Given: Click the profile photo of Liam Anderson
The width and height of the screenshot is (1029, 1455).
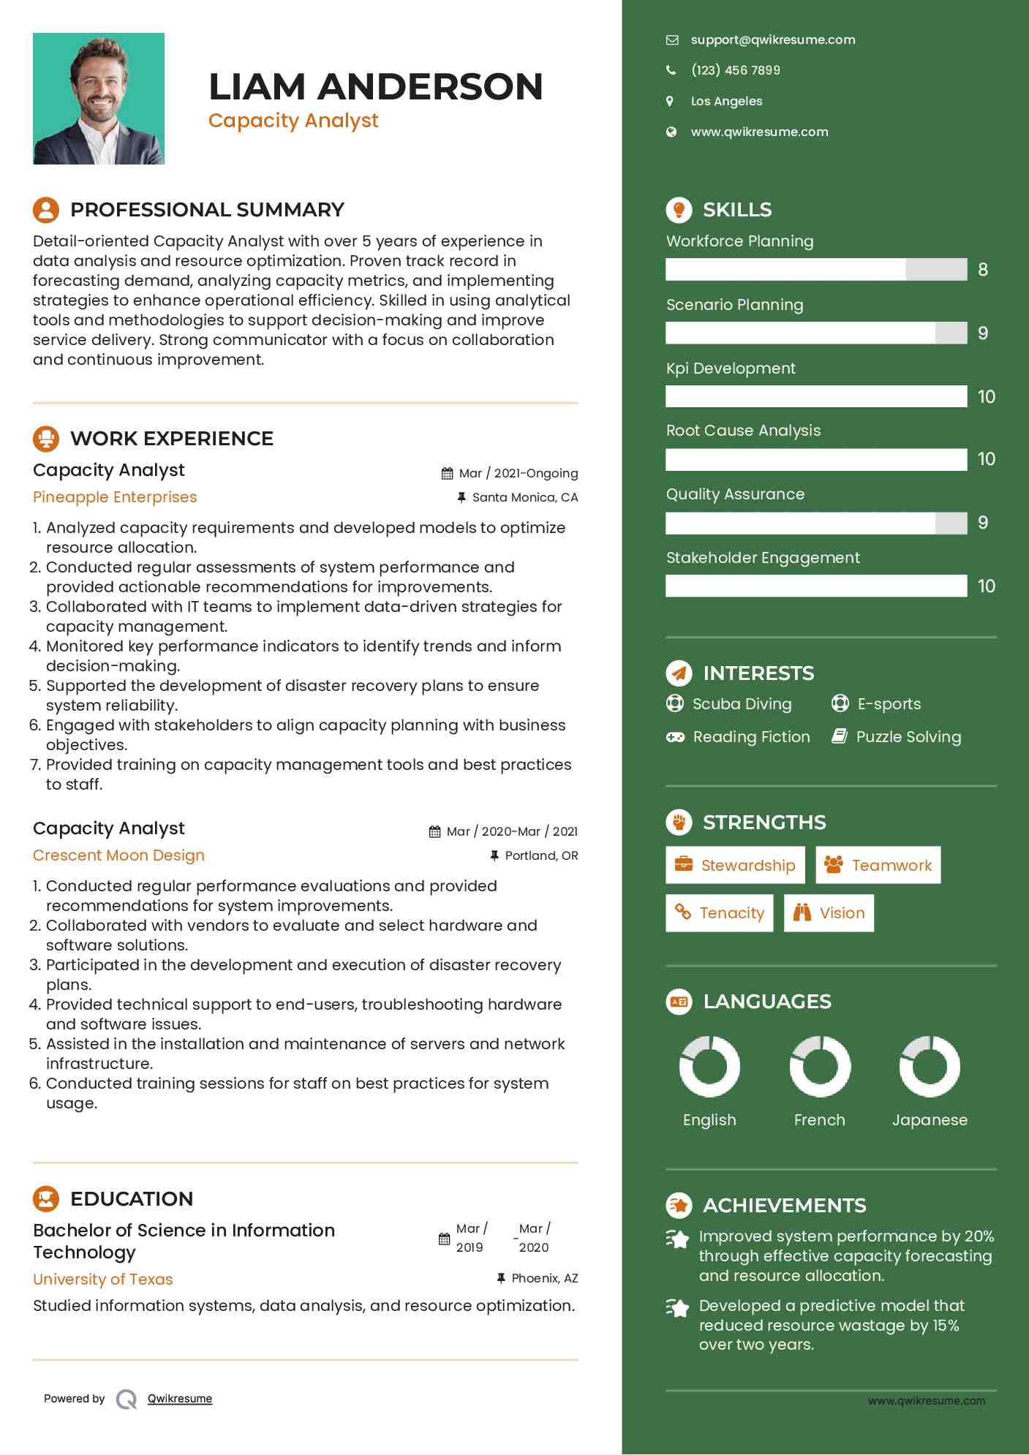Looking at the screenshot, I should pos(99,99).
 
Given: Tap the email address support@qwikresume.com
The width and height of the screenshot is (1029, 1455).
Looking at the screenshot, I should pos(772,40).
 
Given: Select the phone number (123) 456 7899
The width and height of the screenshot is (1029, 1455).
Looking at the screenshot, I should pos(735,70).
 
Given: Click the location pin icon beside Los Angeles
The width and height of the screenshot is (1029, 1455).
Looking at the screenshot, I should pos(670,101).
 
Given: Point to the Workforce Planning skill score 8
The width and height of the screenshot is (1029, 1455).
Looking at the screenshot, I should pos(983,270).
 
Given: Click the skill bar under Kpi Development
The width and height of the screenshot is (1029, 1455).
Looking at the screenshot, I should pos(815,396).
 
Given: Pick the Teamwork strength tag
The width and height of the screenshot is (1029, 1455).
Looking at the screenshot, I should pos(878,866).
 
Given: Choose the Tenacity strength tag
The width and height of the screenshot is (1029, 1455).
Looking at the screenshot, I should pos(719,913).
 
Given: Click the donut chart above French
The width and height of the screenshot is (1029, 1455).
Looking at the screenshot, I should pos(820,1067).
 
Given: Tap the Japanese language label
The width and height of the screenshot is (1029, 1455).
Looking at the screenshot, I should pos(930,1120).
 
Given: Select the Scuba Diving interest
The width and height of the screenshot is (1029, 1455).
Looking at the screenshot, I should pos(742,704).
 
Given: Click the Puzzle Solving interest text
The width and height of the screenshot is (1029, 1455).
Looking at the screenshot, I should pos(908,737).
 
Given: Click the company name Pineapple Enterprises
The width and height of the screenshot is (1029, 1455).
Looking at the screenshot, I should pos(115,497).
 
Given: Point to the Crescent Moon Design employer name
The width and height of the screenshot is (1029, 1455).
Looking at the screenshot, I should pos(118,855).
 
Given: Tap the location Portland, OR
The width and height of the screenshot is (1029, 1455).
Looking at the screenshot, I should pos(541,855).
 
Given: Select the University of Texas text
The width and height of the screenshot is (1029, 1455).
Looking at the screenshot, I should pos(103,1280).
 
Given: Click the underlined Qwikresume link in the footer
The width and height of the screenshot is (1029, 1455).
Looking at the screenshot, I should pos(180,1399).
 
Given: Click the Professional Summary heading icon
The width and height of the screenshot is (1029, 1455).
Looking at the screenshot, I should pos(46,210).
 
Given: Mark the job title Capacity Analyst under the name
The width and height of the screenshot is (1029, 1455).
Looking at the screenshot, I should pos(293,121).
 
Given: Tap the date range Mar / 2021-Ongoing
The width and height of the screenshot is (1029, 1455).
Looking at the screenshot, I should pos(518,473).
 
